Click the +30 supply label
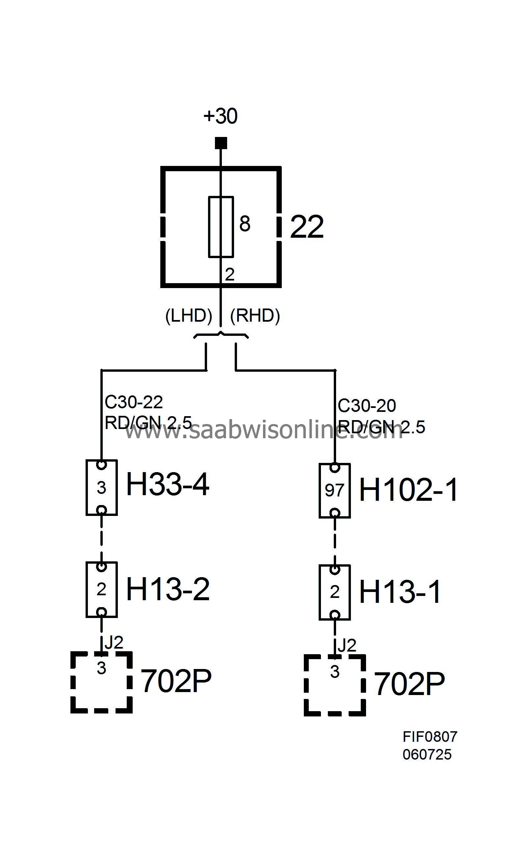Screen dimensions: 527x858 220,116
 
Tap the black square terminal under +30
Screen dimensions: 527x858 221,143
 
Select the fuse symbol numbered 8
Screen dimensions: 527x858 221,227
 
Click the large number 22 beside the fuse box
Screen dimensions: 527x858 307,227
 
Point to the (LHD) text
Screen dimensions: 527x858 189,316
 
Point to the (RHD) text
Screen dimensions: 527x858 255,316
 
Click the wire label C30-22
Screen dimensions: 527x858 134,402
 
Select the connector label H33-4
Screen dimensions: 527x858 168,484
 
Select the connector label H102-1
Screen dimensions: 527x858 408,490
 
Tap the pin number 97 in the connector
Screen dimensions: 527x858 335,490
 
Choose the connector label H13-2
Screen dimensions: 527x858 168,589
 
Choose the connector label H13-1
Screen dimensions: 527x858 400,592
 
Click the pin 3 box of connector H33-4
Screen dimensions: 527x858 101,487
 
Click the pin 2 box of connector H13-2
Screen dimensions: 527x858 101,589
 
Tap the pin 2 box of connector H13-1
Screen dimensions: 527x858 335,592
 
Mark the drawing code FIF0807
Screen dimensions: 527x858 430,737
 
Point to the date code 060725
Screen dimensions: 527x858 427,755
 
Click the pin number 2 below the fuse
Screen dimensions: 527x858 229,275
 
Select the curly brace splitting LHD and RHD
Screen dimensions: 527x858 221,336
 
